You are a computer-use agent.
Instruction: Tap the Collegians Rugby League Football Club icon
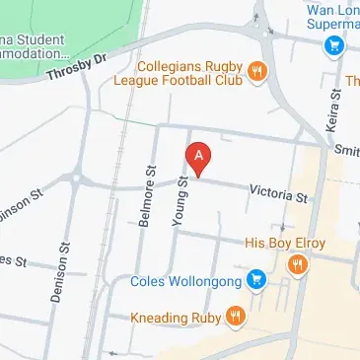click(x=256, y=70)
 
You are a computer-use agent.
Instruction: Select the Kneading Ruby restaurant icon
click(x=235, y=318)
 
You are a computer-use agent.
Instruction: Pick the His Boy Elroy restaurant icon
click(x=296, y=264)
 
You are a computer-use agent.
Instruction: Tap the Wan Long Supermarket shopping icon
click(x=334, y=45)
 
